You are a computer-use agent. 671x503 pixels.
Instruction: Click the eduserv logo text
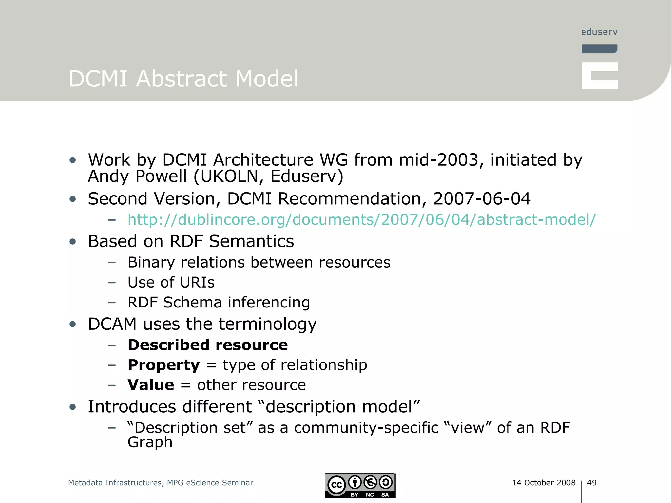[599, 32]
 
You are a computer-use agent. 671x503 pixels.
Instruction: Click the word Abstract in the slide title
[181, 79]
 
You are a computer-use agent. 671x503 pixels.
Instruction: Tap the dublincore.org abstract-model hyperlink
[361, 220]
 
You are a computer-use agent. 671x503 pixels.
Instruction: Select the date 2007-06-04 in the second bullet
[482, 199]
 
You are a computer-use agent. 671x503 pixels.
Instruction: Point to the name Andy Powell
[137, 177]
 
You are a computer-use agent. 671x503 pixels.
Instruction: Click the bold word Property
[163, 365]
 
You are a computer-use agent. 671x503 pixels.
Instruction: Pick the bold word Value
[151, 385]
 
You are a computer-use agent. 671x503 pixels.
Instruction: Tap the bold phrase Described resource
[207, 345]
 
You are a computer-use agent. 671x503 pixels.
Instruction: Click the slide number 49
[591, 482]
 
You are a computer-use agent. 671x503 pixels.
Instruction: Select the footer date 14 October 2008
[544, 482]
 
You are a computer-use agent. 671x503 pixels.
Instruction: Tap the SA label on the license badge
[385, 495]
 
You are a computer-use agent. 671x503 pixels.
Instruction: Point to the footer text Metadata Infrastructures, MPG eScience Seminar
[161, 483]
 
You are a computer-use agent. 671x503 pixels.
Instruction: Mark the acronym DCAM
[112, 324]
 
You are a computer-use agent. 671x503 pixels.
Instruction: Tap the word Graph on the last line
[150, 442]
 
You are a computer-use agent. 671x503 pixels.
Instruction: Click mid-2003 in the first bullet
[438, 160]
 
